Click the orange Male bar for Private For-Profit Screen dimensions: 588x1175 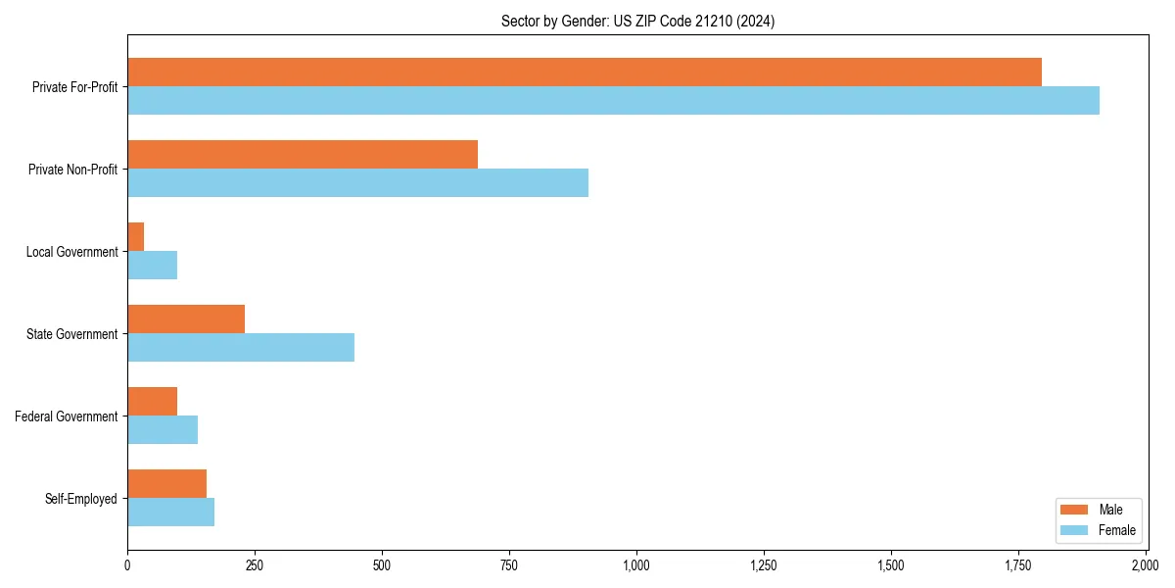click(584, 72)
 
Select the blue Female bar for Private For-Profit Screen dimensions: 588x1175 click(613, 100)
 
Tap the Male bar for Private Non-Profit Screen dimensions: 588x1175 click(303, 154)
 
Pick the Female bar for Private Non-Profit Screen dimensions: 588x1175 click(357, 182)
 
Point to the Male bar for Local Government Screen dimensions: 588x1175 click(136, 236)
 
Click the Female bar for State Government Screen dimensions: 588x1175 click(241, 347)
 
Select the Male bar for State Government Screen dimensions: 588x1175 click(186, 318)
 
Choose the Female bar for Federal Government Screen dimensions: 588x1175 click(163, 429)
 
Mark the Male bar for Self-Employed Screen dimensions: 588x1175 click(166, 483)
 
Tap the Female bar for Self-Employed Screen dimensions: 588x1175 click(170, 512)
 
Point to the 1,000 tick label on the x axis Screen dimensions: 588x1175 click(636, 565)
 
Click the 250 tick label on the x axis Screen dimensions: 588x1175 click(255, 565)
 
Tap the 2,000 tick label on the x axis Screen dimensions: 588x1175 click(1145, 565)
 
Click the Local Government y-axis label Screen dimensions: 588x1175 click(71, 252)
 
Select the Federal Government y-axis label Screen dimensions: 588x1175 click(67, 416)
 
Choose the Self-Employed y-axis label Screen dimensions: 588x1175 click(81, 499)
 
